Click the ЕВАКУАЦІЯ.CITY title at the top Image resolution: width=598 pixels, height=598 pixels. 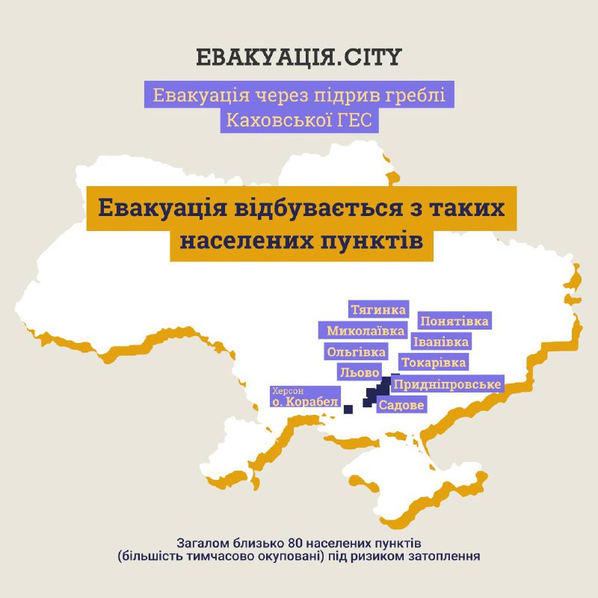pos(298,58)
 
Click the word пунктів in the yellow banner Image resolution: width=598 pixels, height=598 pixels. pos(379,241)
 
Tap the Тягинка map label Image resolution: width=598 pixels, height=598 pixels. pos(379,309)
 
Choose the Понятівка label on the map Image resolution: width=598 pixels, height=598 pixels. pos(454,321)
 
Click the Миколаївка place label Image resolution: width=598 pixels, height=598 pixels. pos(366,330)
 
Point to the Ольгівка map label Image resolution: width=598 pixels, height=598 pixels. pos(356,351)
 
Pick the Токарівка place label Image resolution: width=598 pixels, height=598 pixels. pos(434,363)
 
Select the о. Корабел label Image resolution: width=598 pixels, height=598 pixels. pos(305,401)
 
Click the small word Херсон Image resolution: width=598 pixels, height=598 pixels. pos(289,390)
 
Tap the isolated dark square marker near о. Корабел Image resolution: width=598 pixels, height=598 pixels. pos(348,408)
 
